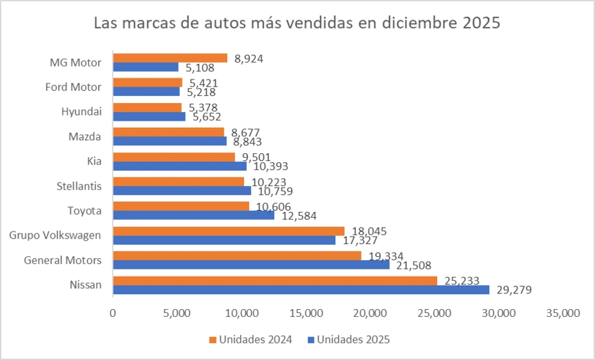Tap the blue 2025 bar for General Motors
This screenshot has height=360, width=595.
251,265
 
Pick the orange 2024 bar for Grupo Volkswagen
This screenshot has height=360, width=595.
228,231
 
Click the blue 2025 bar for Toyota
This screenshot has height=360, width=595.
193,215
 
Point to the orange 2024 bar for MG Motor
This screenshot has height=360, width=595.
170,58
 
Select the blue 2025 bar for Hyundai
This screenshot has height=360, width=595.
149,117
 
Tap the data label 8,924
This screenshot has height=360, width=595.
249,58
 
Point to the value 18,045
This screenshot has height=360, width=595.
366,231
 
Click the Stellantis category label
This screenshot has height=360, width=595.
79,187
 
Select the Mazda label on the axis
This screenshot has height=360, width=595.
85,137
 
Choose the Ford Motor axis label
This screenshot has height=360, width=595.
73,87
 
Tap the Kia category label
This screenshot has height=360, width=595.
94,162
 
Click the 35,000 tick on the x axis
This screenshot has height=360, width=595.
562,314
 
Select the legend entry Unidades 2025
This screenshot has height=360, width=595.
353,340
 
